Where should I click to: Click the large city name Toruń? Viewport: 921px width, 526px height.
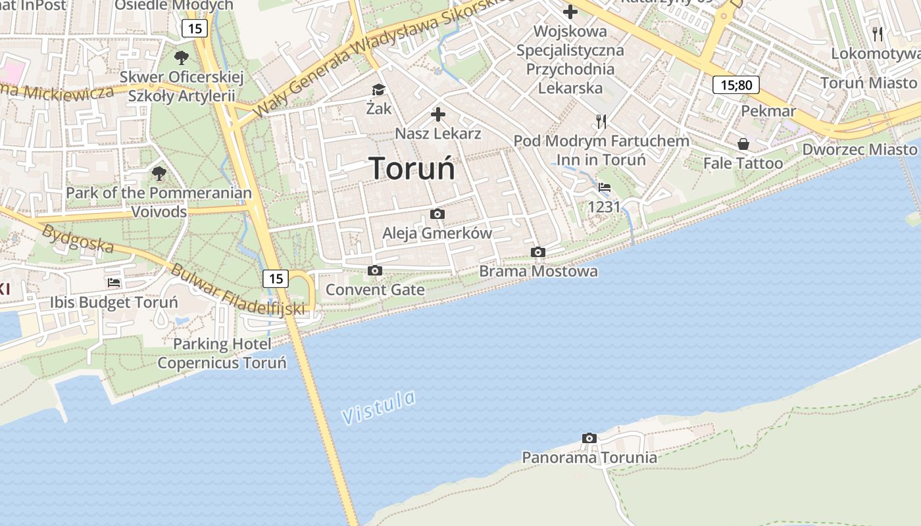[412, 168]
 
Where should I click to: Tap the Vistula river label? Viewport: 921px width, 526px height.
[379, 407]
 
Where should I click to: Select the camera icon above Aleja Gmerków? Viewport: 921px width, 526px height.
[437, 214]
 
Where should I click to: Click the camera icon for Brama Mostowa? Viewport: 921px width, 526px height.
[538, 252]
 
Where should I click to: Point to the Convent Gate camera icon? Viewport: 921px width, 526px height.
[375, 271]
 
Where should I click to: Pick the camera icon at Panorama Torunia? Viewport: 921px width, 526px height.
[589, 439]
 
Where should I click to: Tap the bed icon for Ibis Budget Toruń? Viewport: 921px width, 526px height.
[114, 283]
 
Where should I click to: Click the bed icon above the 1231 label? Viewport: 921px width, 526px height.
[605, 187]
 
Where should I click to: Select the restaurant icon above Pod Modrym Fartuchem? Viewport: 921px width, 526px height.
[601, 121]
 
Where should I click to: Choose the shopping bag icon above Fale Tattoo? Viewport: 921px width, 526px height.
[743, 144]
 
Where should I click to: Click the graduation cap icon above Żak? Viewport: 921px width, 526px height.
[378, 90]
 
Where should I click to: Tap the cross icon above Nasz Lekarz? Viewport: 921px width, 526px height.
[437, 115]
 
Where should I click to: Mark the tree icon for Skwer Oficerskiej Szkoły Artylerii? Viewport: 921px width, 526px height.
[182, 58]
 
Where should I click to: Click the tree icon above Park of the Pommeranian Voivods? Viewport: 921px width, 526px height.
[159, 174]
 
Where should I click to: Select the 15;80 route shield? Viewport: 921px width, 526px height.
[736, 85]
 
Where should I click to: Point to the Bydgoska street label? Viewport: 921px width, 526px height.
[78, 239]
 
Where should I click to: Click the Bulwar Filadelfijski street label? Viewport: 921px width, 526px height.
[238, 289]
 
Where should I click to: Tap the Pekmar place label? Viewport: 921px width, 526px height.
[768, 110]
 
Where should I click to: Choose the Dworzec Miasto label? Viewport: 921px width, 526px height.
[859, 149]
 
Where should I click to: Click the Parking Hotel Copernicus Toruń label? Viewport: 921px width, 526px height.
[222, 354]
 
